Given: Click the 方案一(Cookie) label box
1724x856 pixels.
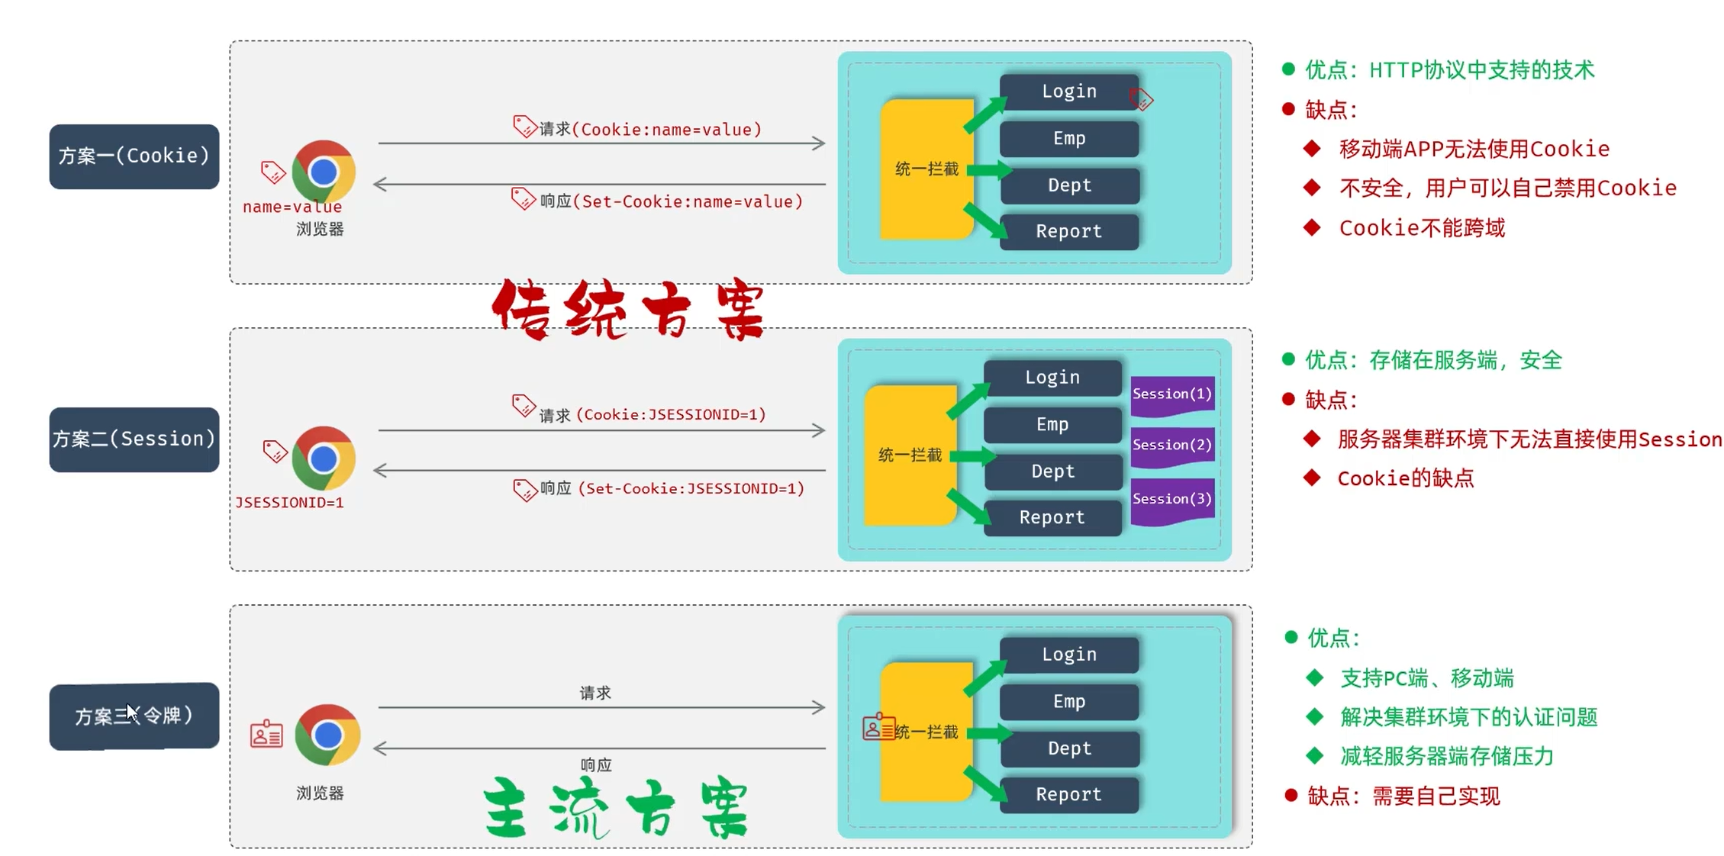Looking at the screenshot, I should click(x=134, y=156).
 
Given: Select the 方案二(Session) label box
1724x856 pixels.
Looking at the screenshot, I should click(x=134, y=439).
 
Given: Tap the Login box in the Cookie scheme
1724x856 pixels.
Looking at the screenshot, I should click(x=1068, y=92).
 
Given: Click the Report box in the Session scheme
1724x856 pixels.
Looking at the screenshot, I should click(x=1052, y=517).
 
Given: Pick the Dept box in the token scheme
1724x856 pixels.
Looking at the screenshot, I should click(x=1068, y=748).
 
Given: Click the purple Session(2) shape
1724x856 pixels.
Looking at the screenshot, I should click(x=1171, y=445).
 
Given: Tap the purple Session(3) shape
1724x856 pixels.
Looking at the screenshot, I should click(x=1171, y=500).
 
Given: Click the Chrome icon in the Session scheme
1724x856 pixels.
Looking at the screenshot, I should click(x=324, y=459).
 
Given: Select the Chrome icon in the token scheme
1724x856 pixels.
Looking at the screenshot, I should click(x=327, y=735).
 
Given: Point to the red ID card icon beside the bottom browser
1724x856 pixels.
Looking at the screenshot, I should click(x=266, y=734).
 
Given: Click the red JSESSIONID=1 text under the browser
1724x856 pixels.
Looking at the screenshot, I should click(x=289, y=503).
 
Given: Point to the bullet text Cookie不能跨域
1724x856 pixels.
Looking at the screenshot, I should click(x=1422, y=228).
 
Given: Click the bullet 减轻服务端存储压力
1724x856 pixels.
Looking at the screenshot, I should click(x=1446, y=756).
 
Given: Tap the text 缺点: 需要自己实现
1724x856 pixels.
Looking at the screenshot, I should click(x=1403, y=796).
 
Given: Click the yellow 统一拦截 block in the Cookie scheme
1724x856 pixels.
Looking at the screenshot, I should click(x=926, y=169).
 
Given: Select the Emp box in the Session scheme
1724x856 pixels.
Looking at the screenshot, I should click(x=1052, y=425).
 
